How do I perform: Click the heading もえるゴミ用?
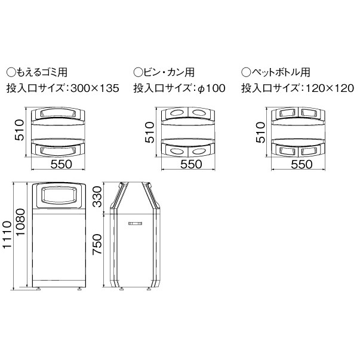[x=41, y=72]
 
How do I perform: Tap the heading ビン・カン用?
[x=169, y=72]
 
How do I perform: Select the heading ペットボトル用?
[x=281, y=72]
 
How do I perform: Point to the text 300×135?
[x=95, y=88]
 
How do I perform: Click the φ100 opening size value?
[x=211, y=88]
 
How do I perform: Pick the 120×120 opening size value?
[x=330, y=88]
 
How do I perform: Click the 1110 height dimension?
[x=7, y=234]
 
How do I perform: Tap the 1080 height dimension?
[x=20, y=221]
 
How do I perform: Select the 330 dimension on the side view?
[x=97, y=196]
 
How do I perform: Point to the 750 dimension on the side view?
[x=97, y=244]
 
